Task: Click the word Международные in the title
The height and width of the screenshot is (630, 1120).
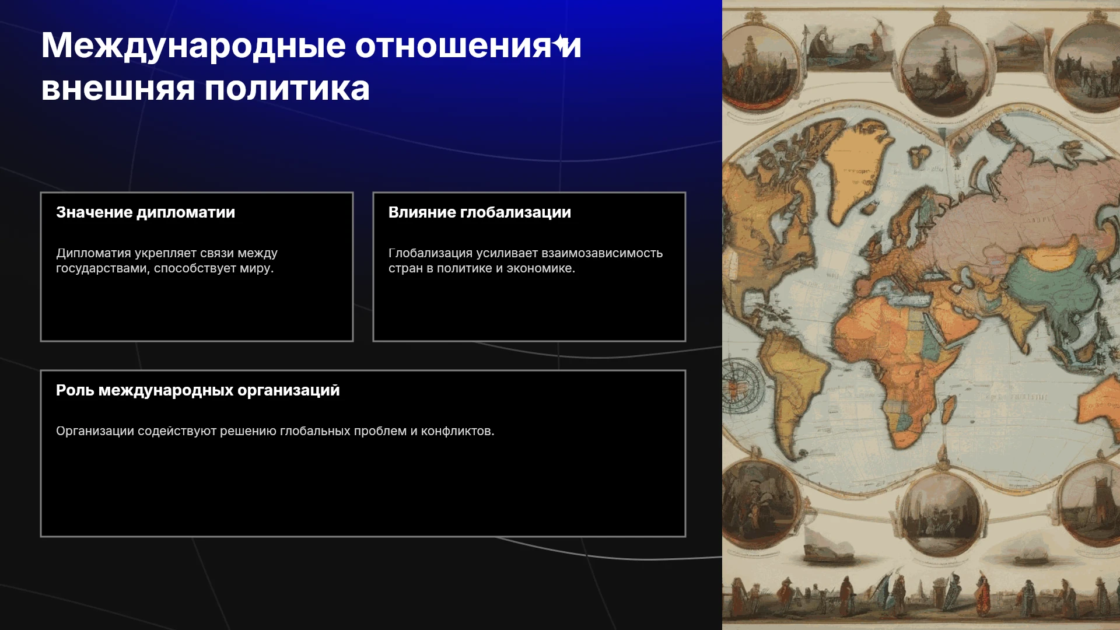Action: pos(194,46)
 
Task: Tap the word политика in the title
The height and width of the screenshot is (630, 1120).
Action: pos(287,89)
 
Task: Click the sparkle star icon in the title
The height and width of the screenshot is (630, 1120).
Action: pos(561,44)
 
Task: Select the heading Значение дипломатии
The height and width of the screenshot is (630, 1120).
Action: pos(146,212)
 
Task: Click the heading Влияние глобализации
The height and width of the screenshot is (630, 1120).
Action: pos(480,212)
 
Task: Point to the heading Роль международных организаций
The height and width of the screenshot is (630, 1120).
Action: pos(198,390)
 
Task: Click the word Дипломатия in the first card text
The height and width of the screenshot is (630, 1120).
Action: pos(93,253)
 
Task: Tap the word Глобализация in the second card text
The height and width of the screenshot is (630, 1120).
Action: pos(430,253)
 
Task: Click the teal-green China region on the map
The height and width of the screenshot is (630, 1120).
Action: pos(1050,280)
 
